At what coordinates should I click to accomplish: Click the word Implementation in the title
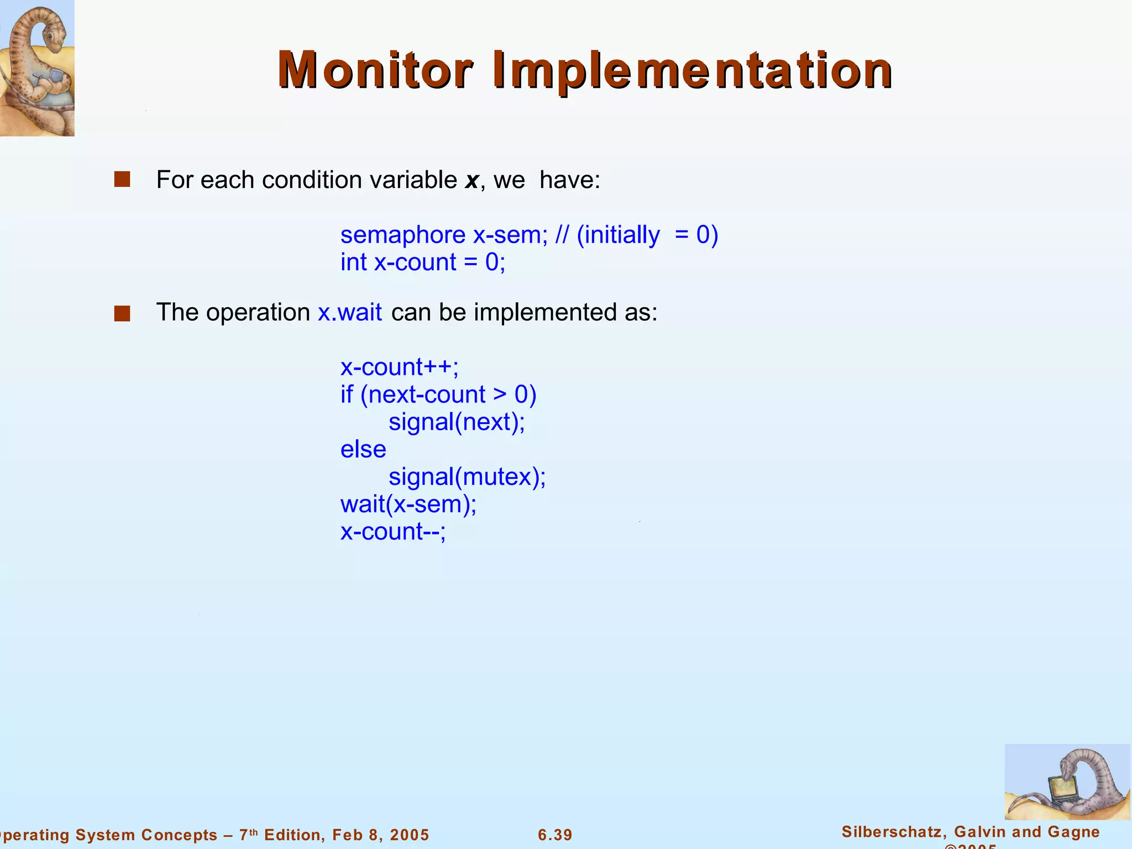(x=692, y=70)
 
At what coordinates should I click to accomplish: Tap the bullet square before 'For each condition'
(x=122, y=180)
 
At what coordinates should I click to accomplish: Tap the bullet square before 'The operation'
(x=122, y=313)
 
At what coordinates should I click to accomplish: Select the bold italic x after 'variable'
(x=471, y=180)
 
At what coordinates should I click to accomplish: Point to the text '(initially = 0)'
(x=647, y=235)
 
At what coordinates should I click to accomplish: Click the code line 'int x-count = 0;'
(x=423, y=262)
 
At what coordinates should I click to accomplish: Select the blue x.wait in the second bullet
(x=350, y=312)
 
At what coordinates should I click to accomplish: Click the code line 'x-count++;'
(x=400, y=367)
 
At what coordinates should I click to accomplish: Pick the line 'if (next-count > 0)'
(x=438, y=395)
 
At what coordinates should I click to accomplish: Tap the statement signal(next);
(x=457, y=422)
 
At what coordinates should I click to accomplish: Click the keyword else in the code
(x=363, y=449)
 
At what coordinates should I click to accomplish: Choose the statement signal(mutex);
(x=467, y=476)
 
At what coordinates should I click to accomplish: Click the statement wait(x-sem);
(x=408, y=504)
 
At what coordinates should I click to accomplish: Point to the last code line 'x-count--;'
(x=393, y=532)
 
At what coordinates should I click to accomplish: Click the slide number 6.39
(x=555, y=835)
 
